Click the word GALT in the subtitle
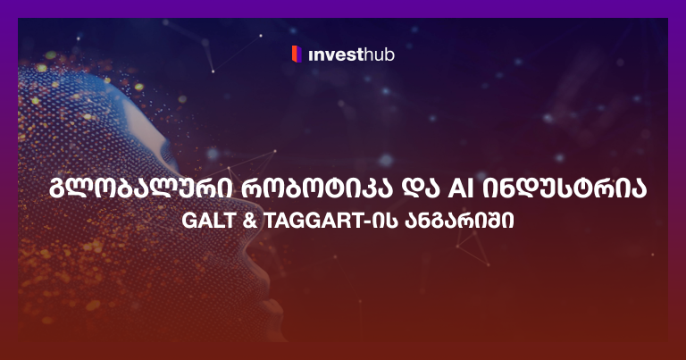[x=201, y=220]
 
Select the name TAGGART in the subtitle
[x=303, y=220]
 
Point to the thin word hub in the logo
[x=380, y=55]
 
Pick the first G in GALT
[x=181, y=220]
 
